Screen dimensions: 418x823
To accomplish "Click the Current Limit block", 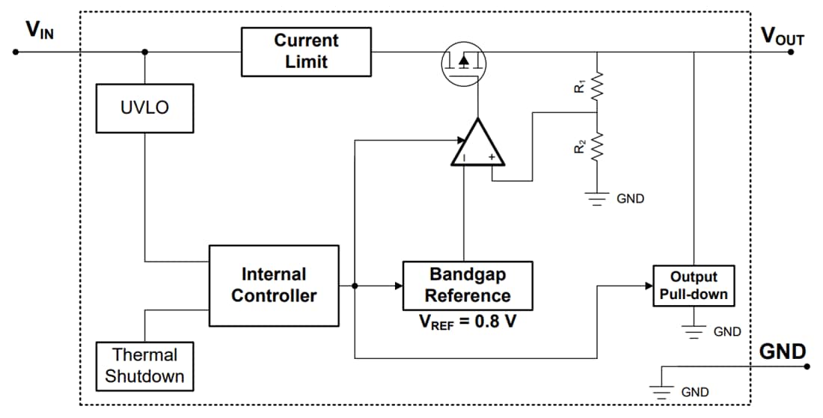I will pos(306,52).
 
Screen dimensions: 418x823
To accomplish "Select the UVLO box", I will pos(144,108).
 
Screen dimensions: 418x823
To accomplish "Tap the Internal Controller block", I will pos(273,285).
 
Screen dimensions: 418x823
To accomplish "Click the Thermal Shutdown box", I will pos(144,365).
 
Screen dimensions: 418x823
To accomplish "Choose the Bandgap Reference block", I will pos(468,285).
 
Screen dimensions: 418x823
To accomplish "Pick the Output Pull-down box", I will pos(693,286).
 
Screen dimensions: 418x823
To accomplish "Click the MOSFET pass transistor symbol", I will pos(463,63).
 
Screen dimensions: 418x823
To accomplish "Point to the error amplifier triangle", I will pos(477,144).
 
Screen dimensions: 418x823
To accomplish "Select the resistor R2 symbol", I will pos(596,147).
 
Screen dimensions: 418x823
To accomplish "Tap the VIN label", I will pos(40,30).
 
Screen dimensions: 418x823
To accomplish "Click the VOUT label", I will pos(782,36).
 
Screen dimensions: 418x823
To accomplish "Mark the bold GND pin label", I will pos(783,351).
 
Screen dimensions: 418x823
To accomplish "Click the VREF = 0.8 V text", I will pos(468,324).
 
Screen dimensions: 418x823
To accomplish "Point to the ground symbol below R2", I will pos(596,199).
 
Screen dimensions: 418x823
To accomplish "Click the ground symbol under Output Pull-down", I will pos(694,331).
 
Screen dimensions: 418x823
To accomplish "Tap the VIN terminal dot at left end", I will pos(14,52).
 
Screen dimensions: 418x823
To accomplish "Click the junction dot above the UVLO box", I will pos(144,52).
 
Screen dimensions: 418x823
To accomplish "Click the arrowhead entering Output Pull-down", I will pos(647,286).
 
